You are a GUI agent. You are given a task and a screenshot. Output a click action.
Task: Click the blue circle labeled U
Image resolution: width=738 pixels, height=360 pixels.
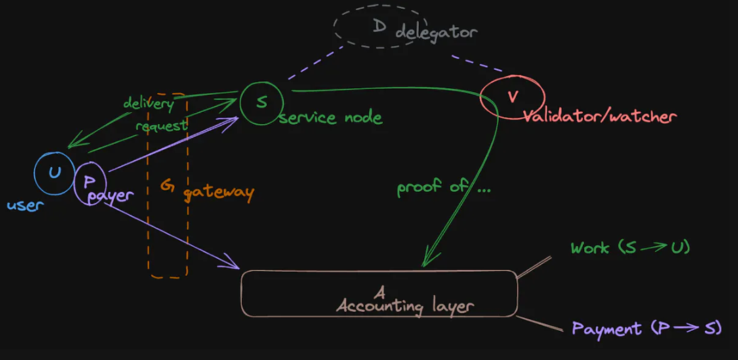[x=54, y=172]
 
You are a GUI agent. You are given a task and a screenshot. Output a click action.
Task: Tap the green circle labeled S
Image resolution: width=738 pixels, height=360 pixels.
[x=261, y=102]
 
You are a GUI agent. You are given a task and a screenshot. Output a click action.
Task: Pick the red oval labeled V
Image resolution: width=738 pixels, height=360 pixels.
[x=512, y=96]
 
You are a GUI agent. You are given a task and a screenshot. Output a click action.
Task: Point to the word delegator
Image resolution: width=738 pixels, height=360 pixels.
[x=436, y=31]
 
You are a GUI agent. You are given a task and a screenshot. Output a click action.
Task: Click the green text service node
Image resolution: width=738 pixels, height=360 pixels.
[x=331, y=117]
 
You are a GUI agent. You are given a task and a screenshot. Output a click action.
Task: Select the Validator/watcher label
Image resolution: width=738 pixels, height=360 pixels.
[x=599, y=117]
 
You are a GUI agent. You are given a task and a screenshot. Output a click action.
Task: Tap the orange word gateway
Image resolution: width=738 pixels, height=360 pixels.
[x=218, y=192]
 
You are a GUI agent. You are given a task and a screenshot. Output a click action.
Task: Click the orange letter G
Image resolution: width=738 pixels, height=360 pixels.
[x=167, y=185]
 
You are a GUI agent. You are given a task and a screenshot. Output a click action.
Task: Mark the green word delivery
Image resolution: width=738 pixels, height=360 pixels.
[x=148, y=103]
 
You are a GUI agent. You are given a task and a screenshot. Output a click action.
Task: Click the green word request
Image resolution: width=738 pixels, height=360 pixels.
[x=161, y=125]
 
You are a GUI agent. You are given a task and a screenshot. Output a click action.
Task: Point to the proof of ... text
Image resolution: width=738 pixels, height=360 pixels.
[x=443, y=187]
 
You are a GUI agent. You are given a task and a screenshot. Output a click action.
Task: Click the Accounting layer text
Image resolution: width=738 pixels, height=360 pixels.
[x=405, y=306]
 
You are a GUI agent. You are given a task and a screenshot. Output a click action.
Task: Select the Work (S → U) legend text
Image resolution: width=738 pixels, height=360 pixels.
[x=630, y=247]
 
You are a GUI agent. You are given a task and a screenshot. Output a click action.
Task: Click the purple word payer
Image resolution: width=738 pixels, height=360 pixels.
[x=112, y=196]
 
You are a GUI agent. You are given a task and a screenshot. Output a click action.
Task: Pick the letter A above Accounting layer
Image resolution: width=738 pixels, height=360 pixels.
[x=380, y=292]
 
